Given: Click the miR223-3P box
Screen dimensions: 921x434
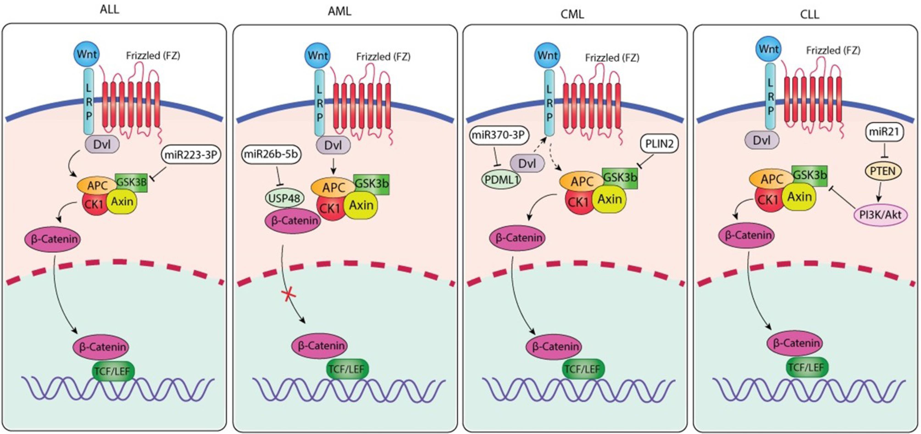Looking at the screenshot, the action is (191, 155).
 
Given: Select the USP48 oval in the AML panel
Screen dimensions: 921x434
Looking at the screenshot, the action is (284, 198).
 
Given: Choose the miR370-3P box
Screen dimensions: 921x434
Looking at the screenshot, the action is (499, 136).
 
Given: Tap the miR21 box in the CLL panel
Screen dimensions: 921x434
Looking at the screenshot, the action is (884, 132).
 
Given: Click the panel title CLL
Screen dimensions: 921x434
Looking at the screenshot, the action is (810, 14).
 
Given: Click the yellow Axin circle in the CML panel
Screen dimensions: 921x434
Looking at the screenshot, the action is (609, 199).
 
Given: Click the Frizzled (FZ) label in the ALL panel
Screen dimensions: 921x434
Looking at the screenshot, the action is (153, 55).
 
